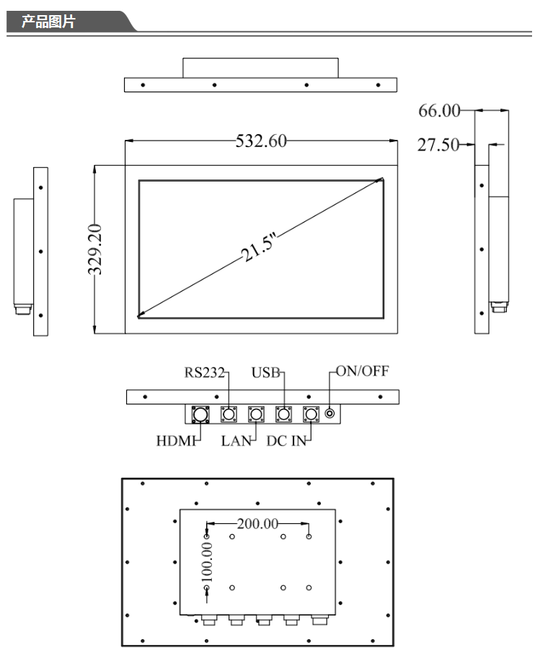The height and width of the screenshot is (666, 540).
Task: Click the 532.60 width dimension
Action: [261, 141]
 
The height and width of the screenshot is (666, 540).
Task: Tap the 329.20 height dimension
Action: [94, 249]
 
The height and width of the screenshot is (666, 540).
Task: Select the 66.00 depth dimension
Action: [439, 111]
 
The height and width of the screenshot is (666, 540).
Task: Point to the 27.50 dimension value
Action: [439, 145]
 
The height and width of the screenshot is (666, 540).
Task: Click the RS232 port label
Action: [203, 373]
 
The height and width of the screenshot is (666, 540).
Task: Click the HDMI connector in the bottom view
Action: [200, 414]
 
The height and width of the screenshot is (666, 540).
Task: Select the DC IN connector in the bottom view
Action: [311, 414]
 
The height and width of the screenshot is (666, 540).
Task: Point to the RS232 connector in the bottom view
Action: [229, 414]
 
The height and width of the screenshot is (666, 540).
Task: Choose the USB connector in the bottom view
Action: [284, 414]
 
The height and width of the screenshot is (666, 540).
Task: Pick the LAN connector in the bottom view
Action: [256, 414]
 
